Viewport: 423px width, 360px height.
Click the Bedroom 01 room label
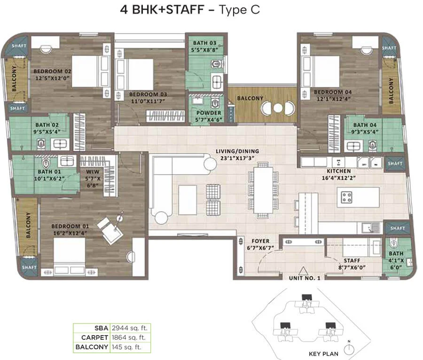pos(70,226)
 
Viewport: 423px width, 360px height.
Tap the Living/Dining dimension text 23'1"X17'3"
pos(237,158)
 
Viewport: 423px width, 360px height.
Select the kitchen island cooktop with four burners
pos(347,197)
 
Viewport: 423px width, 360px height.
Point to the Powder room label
pos(209,113)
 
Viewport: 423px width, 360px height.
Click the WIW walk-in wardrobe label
pos(93,172)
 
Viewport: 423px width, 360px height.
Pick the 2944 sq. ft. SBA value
pos(130,328)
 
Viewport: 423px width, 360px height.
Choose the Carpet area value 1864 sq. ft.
pos(129,337)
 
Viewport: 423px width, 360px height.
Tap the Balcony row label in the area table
pos(92,347)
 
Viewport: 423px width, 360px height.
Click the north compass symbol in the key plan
pos(349,349)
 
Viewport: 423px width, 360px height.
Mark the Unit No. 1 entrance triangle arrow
pos(303,271)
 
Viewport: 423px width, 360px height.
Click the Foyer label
pos(260,241)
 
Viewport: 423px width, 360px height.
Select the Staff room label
pos(352,260)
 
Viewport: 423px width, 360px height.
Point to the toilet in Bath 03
pos(216,64)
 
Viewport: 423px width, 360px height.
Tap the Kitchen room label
pos(339,171)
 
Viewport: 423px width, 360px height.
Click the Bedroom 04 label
pos(333,92)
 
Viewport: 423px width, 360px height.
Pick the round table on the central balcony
pos(278,108)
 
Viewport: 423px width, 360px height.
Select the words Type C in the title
pos(239,10)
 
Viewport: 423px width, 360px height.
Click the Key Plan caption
pos(323,354)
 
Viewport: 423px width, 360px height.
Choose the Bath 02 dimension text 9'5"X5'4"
pos(47,132)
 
